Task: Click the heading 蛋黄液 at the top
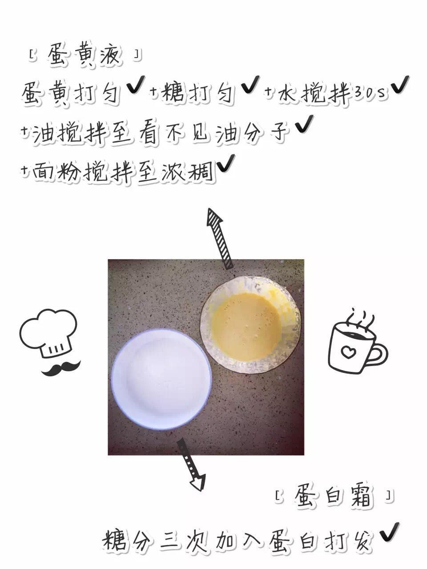pyautogui.click(x=84, y=56)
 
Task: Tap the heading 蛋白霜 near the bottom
pyautogui.click(x=334, y=496)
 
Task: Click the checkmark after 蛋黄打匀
pyautogui.click(x=136, y=85)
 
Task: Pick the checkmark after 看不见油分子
pyautogui.click(x=304, y=124)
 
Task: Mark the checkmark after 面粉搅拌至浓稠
pyautogui.click(x=226, y=164)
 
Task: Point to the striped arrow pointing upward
pyautogui.click(x=219, y=238)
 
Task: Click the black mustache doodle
pyautogui.click(x=61, y=368)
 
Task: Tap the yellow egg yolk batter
pyautogui.click(x=246, y=327)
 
